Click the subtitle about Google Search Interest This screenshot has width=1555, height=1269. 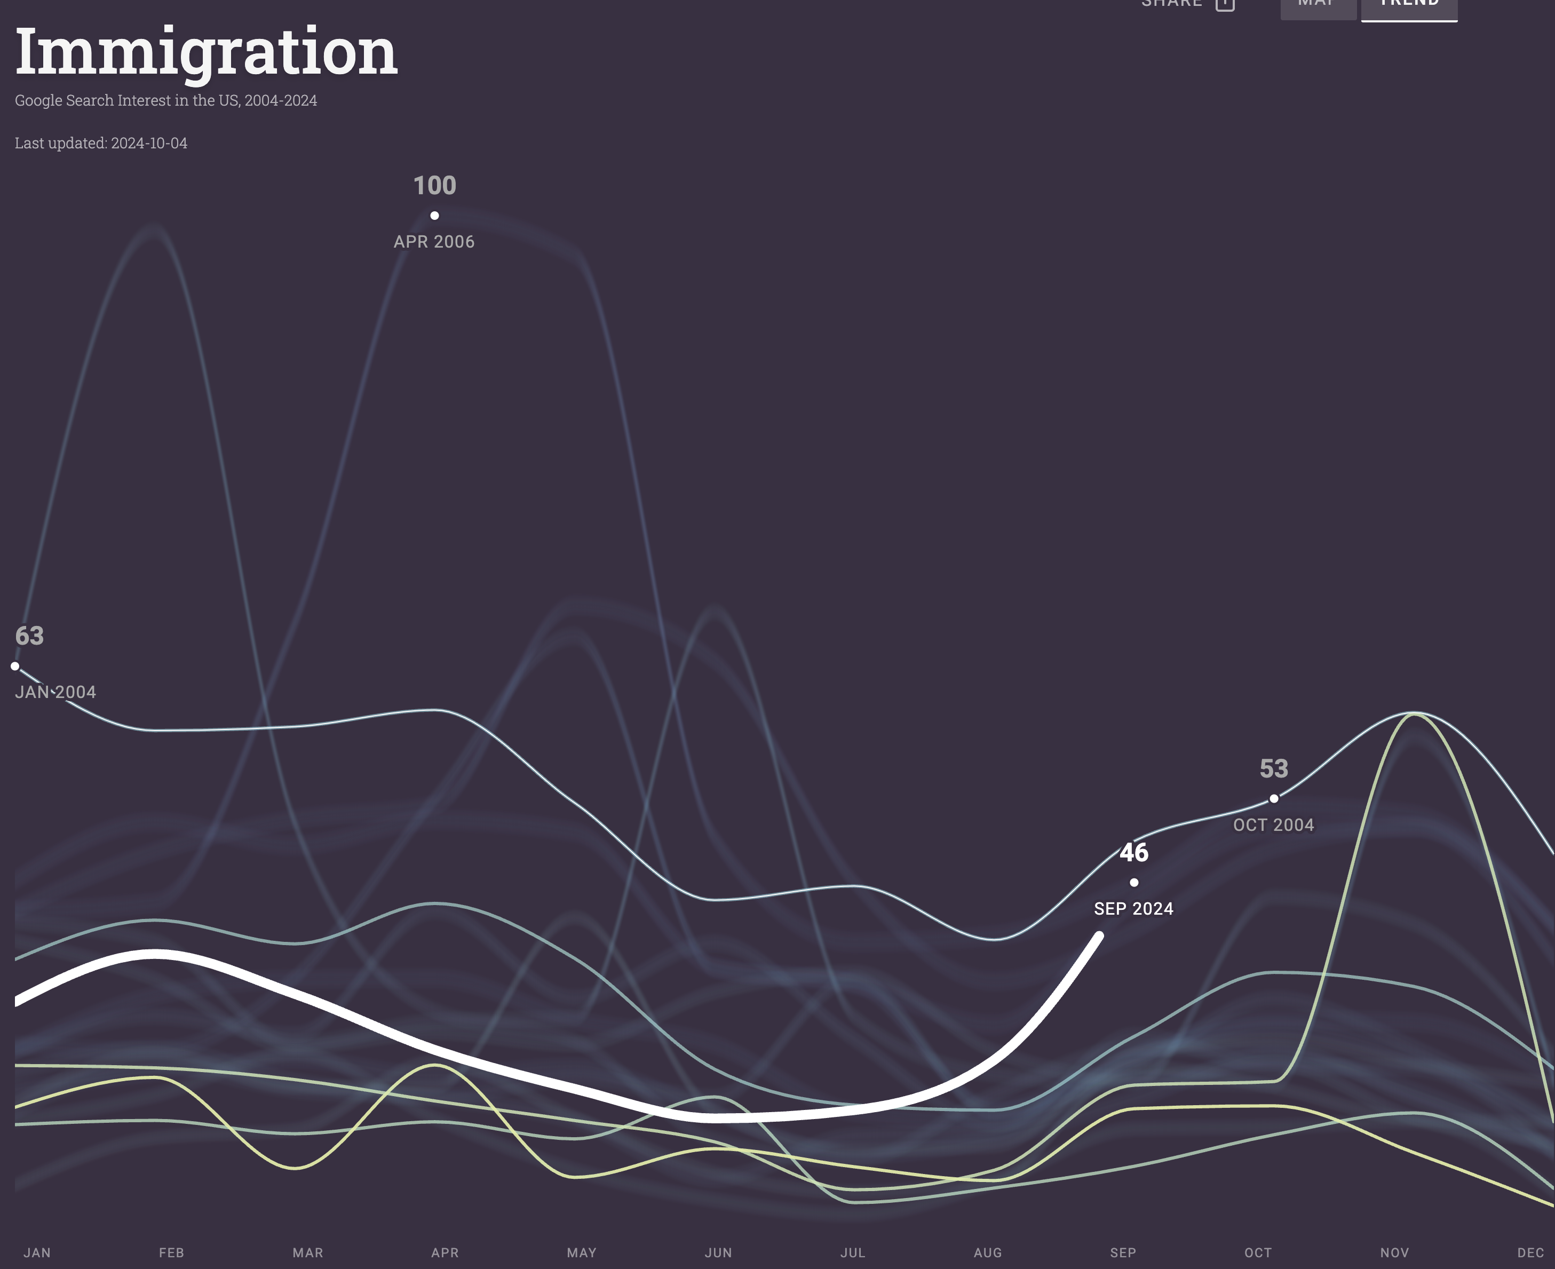[166, 100]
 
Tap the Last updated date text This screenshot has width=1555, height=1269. [101, 143]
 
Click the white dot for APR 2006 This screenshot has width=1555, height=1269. [434, 216]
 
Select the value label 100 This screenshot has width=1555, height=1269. [434, 186]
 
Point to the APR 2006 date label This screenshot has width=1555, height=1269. [434, 242]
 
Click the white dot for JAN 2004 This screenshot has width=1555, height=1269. [14, 666]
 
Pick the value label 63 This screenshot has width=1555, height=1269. [29, 636]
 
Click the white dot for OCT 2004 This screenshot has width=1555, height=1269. [1274, 799]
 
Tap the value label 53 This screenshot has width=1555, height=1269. [1274, 768]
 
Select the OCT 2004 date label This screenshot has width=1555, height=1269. [1274, 826]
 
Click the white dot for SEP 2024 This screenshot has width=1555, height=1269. [1134, 882]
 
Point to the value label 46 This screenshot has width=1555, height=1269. [1134, 852]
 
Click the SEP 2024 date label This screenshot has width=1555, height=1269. [1134, 909]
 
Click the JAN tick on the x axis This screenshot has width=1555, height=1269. [37, 1252]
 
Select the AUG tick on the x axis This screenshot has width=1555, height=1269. [988, 1252]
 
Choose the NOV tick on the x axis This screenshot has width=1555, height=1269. [1395, 1252]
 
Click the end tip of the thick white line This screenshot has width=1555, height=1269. [1099, 935]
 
